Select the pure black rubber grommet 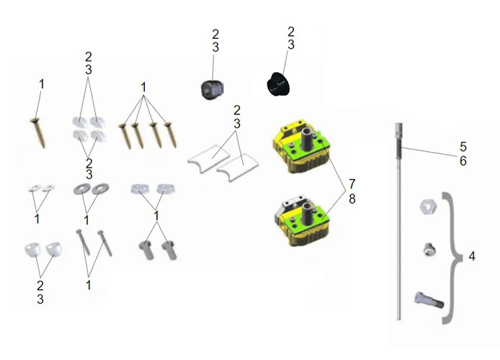(x=278, y=84)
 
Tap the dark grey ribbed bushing (x=212, y=89)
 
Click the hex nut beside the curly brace (x=428, y=207)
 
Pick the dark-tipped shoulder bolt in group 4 (x=429, y=300)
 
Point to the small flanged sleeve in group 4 (x=429, y=249)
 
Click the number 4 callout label (x=472, y=256)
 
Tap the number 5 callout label (x=463, y=147)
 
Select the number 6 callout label (x=463, y=161)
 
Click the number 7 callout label (x=352, y=184)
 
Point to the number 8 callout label (x=352, y=199)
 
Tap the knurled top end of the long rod (x=399, y=131)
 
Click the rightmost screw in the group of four (x=171, y=135)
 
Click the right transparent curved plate (x=238, y=167)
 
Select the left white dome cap (x=33, y=249)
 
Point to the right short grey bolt (x=169, y=251)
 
